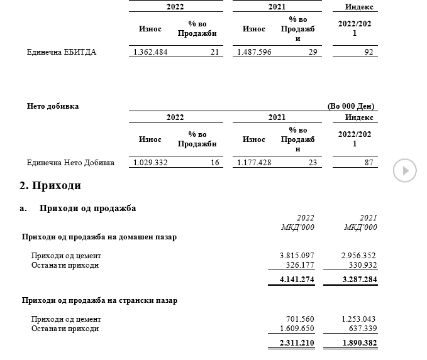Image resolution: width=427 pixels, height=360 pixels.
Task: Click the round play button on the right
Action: (x=405, y=170)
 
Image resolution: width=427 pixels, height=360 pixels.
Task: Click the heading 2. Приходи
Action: (x=50, y=186)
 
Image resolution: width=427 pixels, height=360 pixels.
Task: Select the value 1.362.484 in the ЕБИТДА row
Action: (x=150, y=52)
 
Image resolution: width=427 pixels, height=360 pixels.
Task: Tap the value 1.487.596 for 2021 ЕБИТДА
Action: (x=254, y=52)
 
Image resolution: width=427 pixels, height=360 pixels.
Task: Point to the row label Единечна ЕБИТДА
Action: (x=62, y=52)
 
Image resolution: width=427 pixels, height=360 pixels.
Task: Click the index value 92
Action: (x=369, y=52)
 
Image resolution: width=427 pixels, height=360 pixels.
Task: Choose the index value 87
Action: (x=369, y=163)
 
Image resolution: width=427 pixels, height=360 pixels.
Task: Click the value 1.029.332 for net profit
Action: (x=150, y=163)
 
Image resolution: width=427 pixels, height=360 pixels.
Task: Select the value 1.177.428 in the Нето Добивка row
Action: (x=254, y=163)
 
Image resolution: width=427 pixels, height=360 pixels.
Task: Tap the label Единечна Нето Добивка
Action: (x=70, y=163)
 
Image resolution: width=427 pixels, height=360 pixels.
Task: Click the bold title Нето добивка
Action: (x=53, y=106)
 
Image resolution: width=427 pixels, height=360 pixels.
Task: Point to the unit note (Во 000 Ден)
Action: (x=351, y=106)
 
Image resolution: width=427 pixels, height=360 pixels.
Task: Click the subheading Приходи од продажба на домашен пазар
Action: (x=99, y=237)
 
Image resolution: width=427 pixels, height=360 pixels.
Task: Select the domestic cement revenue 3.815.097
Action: (x=297, y=256)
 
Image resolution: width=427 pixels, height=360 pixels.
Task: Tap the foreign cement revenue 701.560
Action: (x=301, y=319)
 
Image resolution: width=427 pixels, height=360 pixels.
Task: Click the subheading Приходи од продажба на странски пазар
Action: (x=99, y=300)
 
